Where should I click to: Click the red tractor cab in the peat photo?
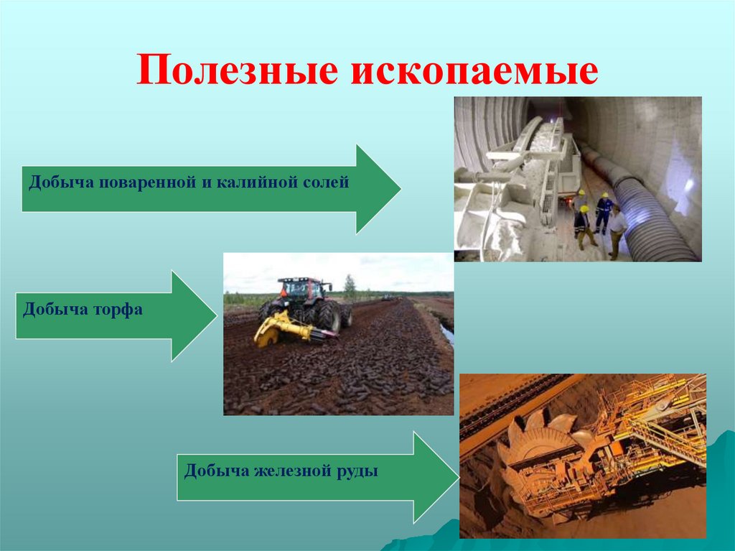(301, 290)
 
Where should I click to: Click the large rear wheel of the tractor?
(328, 315)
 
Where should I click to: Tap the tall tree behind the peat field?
(350, 285)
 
